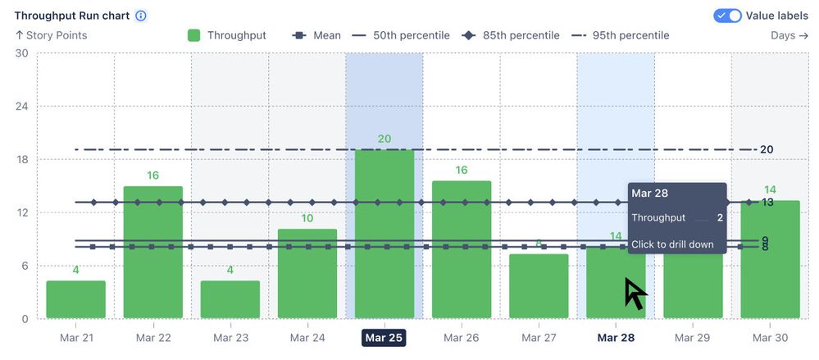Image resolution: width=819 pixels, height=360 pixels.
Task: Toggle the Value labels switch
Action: click(727, 16)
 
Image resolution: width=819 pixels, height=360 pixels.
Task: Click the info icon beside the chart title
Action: click(141, 16)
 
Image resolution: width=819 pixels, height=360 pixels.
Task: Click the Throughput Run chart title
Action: click(72, 16)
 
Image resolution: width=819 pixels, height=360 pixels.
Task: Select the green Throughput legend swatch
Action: click(194, 35)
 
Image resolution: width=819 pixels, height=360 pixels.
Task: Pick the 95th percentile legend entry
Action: click(621, 35)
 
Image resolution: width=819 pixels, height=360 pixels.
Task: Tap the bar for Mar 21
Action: click(75, 299)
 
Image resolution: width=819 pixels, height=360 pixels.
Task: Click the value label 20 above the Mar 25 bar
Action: click(384, 139)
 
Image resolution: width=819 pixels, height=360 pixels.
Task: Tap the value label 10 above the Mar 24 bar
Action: click(307, 218)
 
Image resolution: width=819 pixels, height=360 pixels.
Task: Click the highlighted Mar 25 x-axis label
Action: click(384, 338)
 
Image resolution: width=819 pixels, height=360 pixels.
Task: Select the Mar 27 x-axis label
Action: click(538, 338)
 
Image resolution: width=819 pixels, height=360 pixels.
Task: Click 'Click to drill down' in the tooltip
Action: click(671, 244)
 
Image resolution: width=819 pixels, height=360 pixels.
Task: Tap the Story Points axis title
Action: click(51, 35)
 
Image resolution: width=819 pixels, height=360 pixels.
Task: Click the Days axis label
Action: click(789, 35)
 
